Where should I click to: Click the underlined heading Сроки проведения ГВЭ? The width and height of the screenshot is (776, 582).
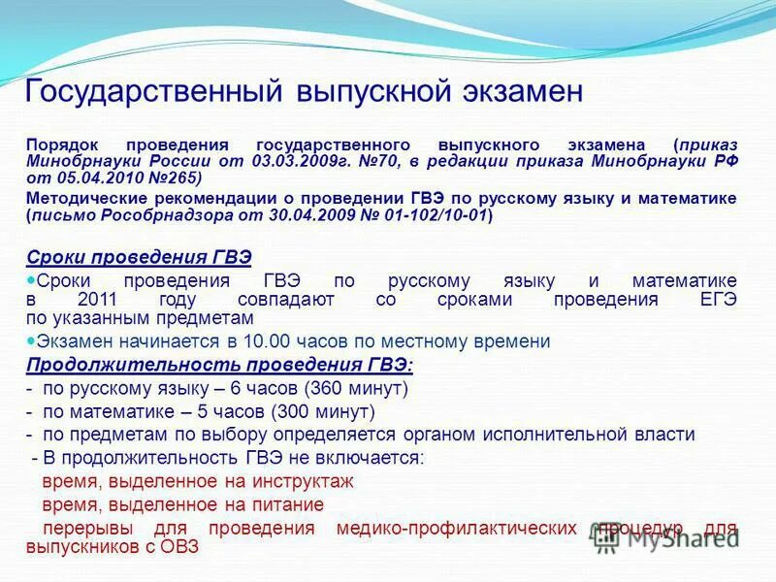[139, 257]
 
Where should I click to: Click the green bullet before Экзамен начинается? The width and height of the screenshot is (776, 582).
[31, 340]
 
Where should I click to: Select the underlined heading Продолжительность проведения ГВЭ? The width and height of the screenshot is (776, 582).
[219, 365]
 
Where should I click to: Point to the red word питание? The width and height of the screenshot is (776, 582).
[286, 504]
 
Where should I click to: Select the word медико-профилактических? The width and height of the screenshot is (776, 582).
[454, 528]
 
